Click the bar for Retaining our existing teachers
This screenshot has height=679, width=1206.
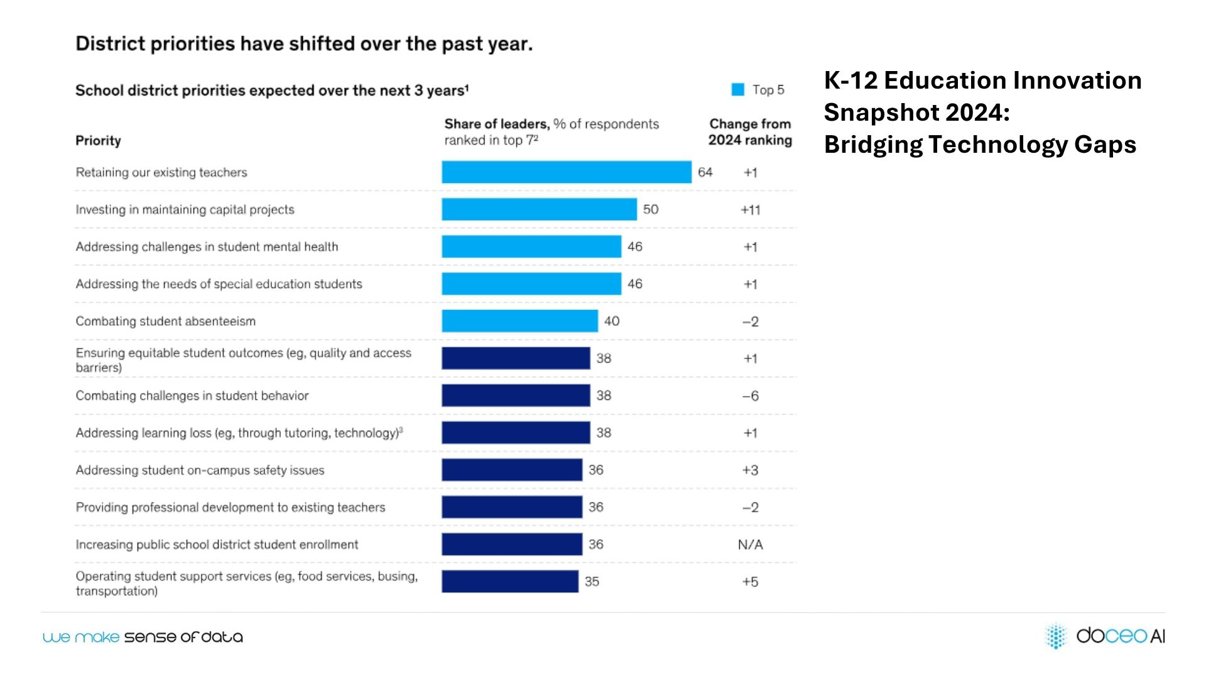(566, 172)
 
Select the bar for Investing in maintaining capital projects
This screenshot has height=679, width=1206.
(539, 209)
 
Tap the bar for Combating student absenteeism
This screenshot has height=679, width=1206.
(519, 321)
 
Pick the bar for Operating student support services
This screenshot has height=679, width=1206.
(509, 582)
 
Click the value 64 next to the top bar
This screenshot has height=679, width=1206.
(705, 172)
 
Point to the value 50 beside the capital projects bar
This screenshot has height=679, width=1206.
(650, 209)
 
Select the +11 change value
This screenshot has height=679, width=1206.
(750, 210)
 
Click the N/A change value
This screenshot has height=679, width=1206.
(750, 544)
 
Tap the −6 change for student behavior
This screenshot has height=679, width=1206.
(750, 396)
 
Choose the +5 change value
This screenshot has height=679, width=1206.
(750, 582)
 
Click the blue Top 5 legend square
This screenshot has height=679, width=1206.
(737, 90)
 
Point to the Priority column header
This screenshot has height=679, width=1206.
(98, 141)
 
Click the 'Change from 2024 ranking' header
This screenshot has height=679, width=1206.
(750, 132)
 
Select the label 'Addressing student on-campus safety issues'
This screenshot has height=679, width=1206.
(200, 470)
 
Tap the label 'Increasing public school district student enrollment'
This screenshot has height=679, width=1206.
(217, 544)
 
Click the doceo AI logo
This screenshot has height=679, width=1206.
(1105, 636)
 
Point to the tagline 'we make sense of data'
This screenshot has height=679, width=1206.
(143, 637)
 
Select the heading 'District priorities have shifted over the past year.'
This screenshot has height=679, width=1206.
(304, 44)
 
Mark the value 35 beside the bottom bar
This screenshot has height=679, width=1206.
(592, 582)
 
